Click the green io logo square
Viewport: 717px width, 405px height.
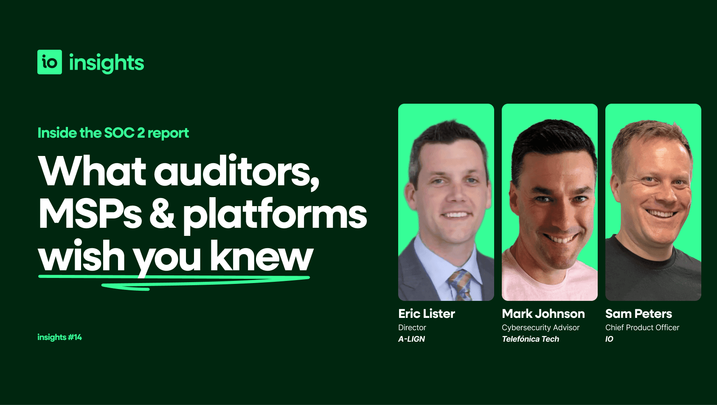click(x=50, y=62)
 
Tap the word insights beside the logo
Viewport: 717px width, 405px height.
click(x=107, y=63)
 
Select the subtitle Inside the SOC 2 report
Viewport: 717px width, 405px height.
click(x=113, y=133)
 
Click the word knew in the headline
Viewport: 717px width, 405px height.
click(x=261, y=256)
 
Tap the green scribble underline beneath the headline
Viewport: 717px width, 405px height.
click(x=174, y=281)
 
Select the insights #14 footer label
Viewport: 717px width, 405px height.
click(x=59, y=337)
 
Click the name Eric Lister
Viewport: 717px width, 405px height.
click(x=426, y=314)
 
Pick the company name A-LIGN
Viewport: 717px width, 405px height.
click(x=411, y=339)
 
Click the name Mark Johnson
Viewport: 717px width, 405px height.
click(x=543, y=314)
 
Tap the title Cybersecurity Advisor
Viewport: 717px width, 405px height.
click(x=540, y=328)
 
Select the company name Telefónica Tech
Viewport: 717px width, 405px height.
click(x=530, y=339)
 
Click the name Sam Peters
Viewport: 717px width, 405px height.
click(x=638, y=314)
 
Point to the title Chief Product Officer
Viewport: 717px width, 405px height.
click(x=642, y=328)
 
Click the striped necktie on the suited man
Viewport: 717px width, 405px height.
click(x=460, y=285)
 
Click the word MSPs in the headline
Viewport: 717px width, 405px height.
click(x=90, y=214)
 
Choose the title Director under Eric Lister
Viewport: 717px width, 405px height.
click(x=412, y=328)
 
